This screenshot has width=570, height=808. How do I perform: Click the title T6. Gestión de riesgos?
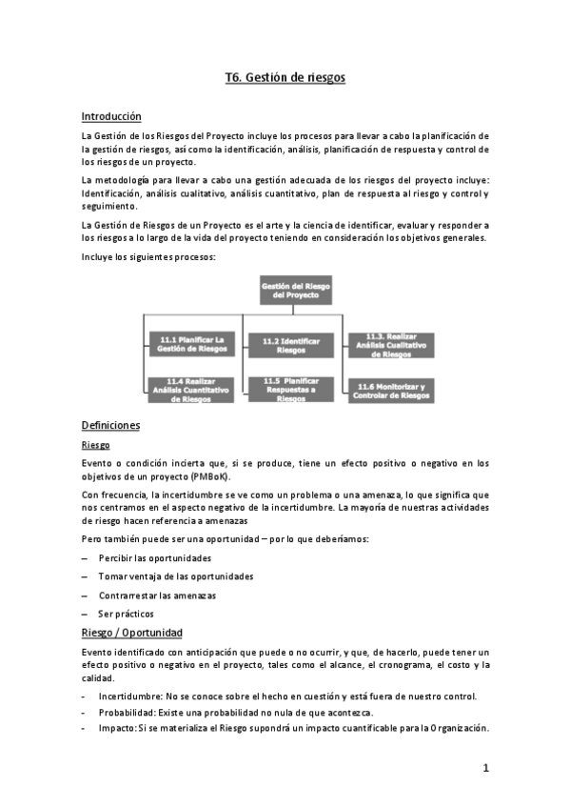(285, 79)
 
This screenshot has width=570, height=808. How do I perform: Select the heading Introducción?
(111, 116)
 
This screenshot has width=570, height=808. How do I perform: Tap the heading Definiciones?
(110, 425)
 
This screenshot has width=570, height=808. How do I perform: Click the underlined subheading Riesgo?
(95, 445)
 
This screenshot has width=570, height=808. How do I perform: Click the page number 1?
(484, 768)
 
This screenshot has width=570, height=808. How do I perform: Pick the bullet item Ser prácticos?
(126, 614)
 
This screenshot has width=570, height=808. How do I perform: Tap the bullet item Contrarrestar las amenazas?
(157, 595)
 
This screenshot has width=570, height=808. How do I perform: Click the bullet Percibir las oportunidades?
(154, 557)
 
